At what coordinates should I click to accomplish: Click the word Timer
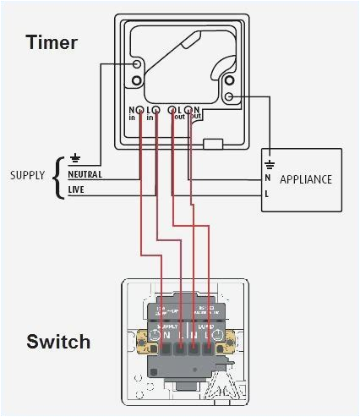tap(52, 41)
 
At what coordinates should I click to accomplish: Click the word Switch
tap(58, 342)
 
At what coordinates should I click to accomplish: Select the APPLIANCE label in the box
tap(305, 179)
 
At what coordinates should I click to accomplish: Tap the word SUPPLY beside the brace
tap(27, 176)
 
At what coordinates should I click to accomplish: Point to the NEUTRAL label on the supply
tap(85, 175)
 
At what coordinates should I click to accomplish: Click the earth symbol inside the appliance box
tap(269, 163)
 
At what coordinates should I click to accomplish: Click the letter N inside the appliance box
tap(268, 178)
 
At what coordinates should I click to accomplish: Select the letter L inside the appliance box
tap(268, 195)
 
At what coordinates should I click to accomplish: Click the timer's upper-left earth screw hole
tap(137, 64)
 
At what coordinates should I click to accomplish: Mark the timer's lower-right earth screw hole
tap(228, 97)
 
